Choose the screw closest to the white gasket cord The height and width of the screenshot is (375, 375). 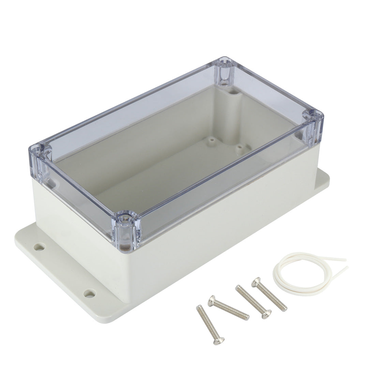pyautogui.click(x=269, y=295)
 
